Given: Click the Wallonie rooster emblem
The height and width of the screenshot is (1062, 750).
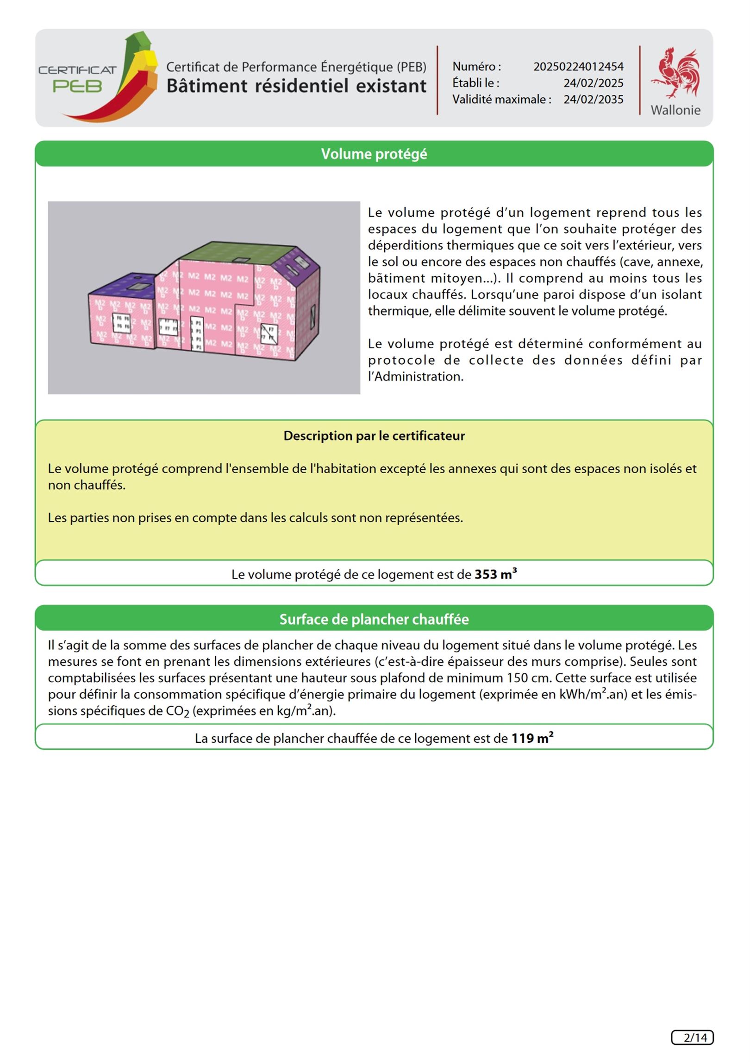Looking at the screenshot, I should click(x=676, y=73).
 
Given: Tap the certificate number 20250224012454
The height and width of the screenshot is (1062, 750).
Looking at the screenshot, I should click(x=578, y=67).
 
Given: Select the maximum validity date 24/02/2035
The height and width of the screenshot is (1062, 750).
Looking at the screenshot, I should click(x=593, y=100).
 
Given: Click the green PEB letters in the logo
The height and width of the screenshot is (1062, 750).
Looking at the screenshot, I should click(x=77, y=86).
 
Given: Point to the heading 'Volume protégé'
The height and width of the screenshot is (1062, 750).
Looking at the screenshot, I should click(x=374, y=154).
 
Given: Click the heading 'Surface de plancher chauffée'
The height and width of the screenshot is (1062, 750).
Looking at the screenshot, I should click(x=374, y=619).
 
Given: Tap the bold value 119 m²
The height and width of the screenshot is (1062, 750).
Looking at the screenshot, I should click(x=532, y=738).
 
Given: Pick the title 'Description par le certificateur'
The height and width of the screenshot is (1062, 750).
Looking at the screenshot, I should click(x=374, y=436).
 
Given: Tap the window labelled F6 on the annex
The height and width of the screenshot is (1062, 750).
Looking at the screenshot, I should click(x=122, y=322).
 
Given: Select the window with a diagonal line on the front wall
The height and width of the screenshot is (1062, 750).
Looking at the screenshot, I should click(x=269, y=334).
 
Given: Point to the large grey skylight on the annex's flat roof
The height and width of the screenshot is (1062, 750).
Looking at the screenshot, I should click(x=137, y=287).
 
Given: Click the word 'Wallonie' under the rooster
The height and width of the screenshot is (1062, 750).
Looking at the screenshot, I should click(x=675, y=110).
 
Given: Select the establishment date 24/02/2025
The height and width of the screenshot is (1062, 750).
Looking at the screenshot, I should click(x=593, y=83).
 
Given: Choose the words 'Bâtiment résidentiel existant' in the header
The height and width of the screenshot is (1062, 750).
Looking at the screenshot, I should click(x=296, y=86).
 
